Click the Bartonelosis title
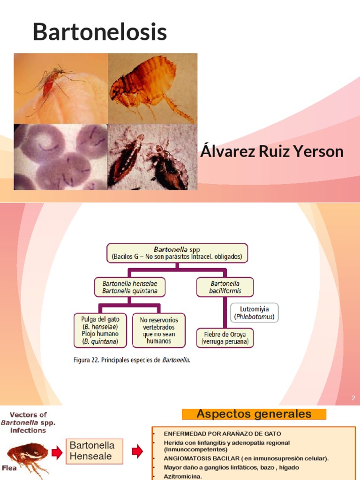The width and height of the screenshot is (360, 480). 100,33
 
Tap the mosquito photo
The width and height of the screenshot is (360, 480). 61,88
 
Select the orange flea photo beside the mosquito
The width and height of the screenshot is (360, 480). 152,88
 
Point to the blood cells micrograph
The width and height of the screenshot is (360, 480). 61,157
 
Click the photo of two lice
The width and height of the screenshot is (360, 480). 152,157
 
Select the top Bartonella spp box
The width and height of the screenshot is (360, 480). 177,253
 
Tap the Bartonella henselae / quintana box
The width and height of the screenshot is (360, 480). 130,287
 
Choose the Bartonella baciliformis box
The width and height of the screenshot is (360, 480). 225,287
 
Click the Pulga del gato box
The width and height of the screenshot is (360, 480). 100,330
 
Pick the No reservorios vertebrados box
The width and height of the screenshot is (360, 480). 158,330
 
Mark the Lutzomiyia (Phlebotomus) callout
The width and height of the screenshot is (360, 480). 254,313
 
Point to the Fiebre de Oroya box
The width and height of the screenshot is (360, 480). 225,337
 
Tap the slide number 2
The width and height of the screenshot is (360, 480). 353,398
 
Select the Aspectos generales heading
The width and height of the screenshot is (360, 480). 254,414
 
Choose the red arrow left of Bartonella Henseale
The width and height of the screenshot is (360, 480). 57,452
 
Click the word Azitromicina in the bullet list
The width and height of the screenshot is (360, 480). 183,476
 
